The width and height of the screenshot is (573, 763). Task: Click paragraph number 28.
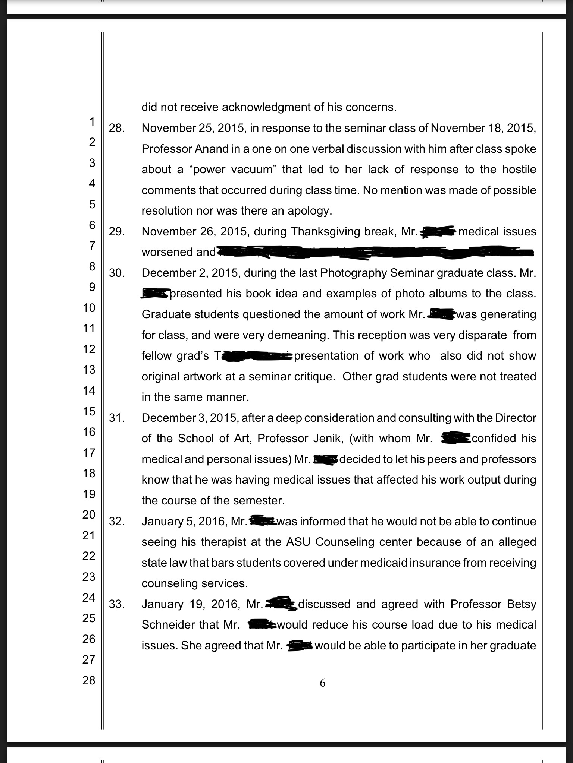point(116,128)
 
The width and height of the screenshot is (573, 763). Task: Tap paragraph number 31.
point(116,418)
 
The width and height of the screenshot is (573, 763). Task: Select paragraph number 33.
point(116,604)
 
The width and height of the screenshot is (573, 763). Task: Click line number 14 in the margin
point(89,390)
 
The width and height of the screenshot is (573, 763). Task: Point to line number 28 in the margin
point(89,680)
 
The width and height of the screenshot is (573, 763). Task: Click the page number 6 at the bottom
point(323,683)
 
